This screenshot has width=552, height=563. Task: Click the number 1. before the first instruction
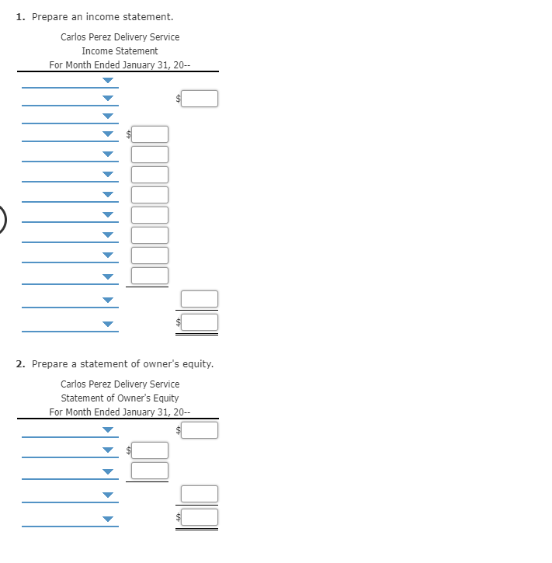pyautogui.click(x=20, y=16)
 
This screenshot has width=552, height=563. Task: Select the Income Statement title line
pyautogui.click(x=120, y=50)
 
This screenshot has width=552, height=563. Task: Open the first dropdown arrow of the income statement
pyautogui.click(x=108, y=80)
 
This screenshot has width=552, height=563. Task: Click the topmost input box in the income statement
pyautogui.click(x=200, y=99)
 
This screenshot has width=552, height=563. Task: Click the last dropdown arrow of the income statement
pyautogui.click(x=108, y=324)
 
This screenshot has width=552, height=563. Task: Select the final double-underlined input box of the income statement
pyautogui.click(x=200, y=321)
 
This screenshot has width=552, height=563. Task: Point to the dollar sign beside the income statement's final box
pyautogui.click(x=178, y=322)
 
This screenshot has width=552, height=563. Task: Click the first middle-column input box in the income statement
pyautogui.click(x=150, y=134)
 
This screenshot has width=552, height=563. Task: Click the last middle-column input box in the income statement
pyautogui.click(x=150, y=276)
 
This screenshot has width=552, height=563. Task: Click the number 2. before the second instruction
pyautogui.click(x=21, y=363)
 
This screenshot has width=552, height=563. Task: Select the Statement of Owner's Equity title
pyautogui.click(x=120, y=398)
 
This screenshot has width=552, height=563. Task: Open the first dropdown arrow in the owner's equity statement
pyautogui.click(x=108, y=430)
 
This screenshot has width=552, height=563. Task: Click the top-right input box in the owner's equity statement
pyautogui.click(x=200, y=430)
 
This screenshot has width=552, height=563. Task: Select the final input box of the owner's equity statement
pyautogui.click(x=200, y=516)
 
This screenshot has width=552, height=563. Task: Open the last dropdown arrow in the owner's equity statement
pyautogui.click(x=108, y=519)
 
